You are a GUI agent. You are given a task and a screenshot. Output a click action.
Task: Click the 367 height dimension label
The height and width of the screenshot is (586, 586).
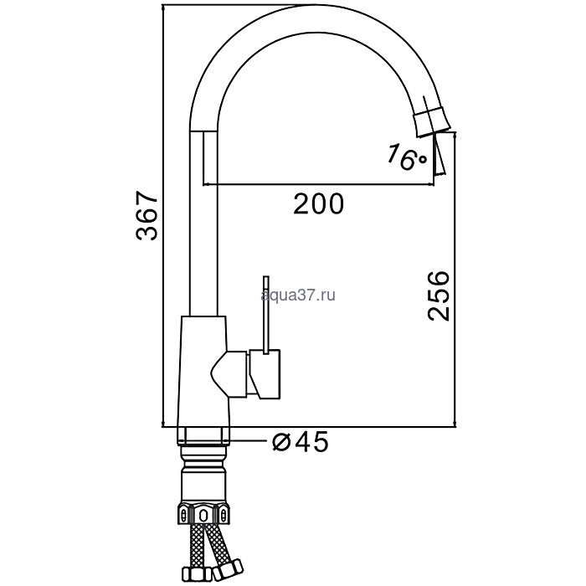click(x=147, y=216)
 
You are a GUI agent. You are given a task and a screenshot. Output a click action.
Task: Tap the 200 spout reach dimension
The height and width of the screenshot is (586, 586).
click(x=318, y=204)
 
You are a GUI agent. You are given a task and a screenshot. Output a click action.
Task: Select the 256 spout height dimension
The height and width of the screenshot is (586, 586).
click(x=439, y=296)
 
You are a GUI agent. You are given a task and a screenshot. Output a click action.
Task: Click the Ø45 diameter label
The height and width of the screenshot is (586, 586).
click(x=301, y=442)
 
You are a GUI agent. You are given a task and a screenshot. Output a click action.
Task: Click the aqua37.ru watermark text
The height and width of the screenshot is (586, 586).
click(x=298, y=296)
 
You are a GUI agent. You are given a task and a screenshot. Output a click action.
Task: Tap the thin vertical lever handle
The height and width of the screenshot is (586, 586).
click(x=265, y=314)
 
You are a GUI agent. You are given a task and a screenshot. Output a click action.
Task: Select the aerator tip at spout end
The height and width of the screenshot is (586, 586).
click(x=432, y=120)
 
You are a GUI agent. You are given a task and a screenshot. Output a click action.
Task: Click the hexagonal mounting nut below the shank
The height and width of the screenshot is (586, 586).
click(x=203, y=515)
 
